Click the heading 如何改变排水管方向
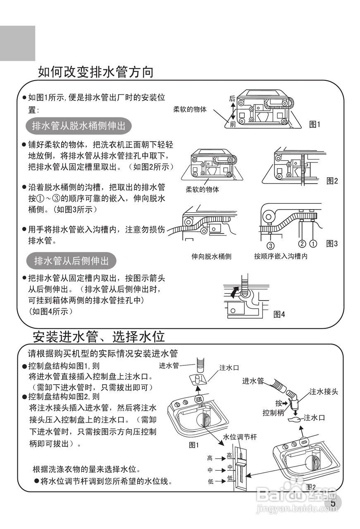[x=95, y=72]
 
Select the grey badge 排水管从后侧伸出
[x=71, y=261]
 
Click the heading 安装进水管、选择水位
[x=99, y=336]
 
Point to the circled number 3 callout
[x=270, y=243]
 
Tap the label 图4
[x=279, y=315]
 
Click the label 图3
[x=332, y=243]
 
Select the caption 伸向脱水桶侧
[x=211, y=256]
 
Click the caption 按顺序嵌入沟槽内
[x=281, y=256]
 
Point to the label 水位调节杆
[x=240, y=437]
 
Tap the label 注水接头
[x=324, y=391]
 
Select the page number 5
[x=333, y=503]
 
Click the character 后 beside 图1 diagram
[x=232, y=99]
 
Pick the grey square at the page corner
[x=17, y=43]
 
